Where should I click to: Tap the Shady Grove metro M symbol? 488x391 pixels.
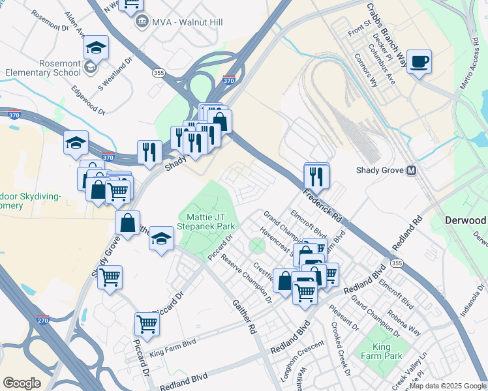click(411, 171)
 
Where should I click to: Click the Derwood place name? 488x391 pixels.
click(466, 220)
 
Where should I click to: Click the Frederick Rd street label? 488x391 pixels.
click(322, 204)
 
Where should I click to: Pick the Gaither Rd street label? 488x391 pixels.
click(243, 316)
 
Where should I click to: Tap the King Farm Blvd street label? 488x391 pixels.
click(172, 349)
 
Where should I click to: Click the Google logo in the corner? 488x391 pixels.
click(22, 383)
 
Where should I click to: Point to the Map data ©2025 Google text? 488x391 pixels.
click(447, 386)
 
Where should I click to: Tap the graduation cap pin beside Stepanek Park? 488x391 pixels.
click(160, 239)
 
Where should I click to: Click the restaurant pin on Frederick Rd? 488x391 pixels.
click(316, 176)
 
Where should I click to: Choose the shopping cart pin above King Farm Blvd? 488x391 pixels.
click(147, 324)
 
